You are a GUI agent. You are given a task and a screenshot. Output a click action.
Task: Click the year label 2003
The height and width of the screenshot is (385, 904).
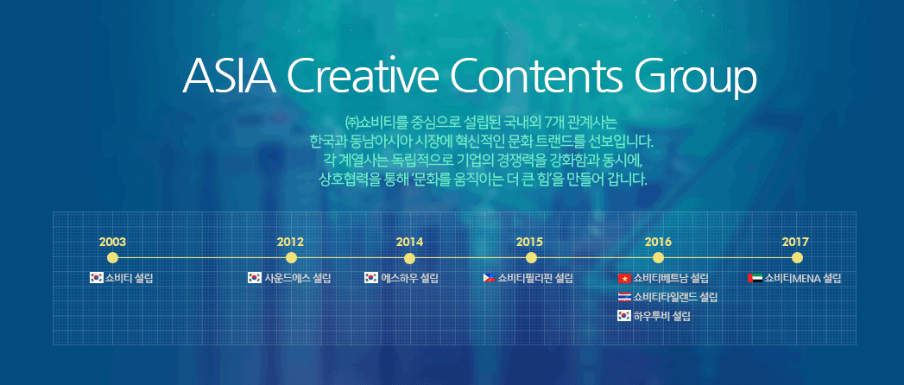point(112,242)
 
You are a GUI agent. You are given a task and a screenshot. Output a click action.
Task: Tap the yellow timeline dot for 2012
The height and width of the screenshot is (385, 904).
point(291,257)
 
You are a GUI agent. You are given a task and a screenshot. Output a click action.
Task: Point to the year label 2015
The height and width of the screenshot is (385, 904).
point(529,242)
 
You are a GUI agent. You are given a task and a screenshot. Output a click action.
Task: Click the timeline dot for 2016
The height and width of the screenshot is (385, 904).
point(659,257)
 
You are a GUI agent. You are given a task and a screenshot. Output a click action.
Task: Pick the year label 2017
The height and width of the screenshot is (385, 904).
point(795,242)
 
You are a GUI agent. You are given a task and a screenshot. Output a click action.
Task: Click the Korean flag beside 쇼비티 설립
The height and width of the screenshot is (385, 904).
point(97,278)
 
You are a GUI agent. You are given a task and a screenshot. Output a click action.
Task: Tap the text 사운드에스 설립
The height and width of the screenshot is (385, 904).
point(298,278)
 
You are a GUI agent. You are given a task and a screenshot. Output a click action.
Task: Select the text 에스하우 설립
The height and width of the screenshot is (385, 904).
point(409,278)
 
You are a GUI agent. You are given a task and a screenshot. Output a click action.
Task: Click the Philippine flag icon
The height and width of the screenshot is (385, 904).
point(489,278)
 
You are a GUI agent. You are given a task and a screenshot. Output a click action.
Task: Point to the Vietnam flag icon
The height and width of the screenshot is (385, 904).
point(624,279)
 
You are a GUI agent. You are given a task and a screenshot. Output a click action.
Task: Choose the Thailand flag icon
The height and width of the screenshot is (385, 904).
point(624,298)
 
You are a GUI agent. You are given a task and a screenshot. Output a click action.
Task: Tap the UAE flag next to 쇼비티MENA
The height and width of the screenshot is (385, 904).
point(755,278)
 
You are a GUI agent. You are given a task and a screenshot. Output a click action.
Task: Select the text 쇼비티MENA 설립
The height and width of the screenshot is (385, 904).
point(802,278)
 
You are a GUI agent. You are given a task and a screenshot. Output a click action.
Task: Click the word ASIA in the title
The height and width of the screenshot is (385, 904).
point(229,77)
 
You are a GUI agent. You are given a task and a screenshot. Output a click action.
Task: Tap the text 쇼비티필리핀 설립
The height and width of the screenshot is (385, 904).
point(535,278)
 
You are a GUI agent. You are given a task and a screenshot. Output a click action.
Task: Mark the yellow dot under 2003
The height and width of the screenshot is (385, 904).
point(113,257)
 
